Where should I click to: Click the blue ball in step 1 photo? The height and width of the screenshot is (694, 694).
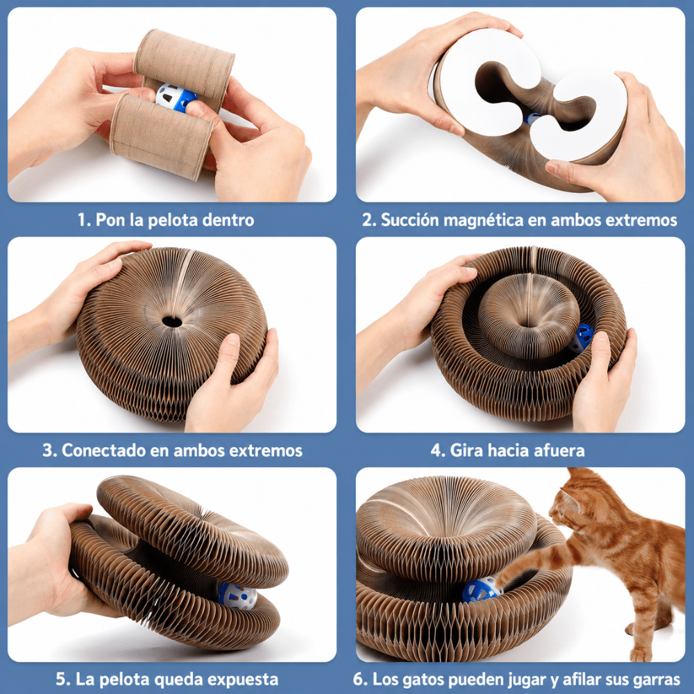coord(176,97)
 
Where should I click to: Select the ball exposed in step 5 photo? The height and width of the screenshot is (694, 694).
coord(237,595)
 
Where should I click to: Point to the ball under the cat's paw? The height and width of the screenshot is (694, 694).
coord(482,589)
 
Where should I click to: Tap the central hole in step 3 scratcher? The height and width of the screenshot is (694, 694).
coord(172,322)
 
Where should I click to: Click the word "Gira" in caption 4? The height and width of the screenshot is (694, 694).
coord(462,450)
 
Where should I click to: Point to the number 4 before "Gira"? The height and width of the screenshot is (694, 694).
coord(437,450)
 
